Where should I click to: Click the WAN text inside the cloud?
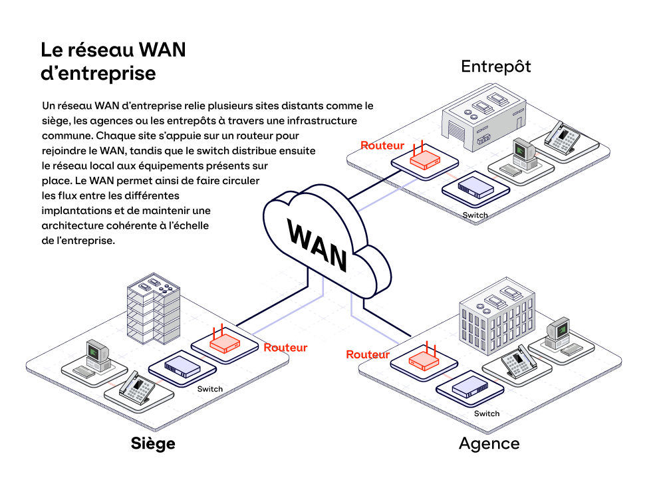click(318, 243)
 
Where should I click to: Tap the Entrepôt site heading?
click(496, 66)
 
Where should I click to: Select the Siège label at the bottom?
click(153, 443)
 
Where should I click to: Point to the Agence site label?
click(489, 443)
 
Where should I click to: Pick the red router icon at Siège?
click(224, 343)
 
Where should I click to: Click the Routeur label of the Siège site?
click(285, 347)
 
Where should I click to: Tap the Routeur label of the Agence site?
click(368, 355)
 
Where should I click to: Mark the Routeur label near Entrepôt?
click(382, 145)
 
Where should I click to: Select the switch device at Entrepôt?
click(475, 186)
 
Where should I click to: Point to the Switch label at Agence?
click(486, 414)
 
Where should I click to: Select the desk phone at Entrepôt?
click(563, 136)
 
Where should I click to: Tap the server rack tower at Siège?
click(154, 309)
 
